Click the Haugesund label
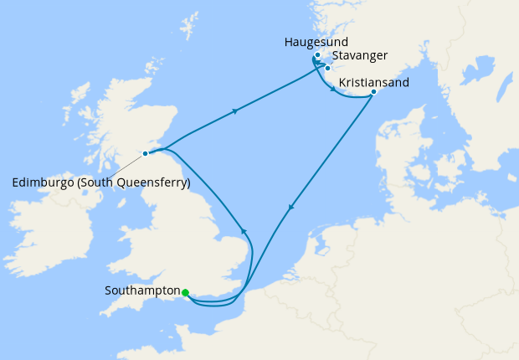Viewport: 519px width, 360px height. coord(316,41)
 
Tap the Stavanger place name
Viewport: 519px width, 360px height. coord(359,55)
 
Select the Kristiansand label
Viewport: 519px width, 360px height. coord(374,83)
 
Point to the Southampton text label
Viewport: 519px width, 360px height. coord(143,291)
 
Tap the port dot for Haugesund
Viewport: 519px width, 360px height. coord(318,55)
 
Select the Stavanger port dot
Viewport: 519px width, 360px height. coord(327,68)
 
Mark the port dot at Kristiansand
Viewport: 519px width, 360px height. coord(373,92)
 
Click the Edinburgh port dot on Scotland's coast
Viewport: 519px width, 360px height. coord(146,153)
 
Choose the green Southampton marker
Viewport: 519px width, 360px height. coord(185,292)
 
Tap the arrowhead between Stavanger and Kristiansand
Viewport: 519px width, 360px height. coord(334,90)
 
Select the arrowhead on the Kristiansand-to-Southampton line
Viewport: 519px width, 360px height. coord(290,208)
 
